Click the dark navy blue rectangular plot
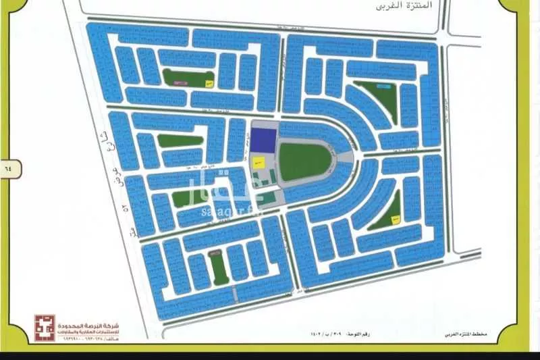pos(263,140)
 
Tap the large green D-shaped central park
pos(304,161)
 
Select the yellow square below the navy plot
pos(258,163)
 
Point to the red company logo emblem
pos(45,328)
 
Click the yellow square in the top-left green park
pos(210,84)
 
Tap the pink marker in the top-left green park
pos(179,82)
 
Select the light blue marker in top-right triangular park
pos(383,87)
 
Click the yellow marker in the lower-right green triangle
pos(396,217)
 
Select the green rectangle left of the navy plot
pos(180,141)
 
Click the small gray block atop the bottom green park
pos(215,253)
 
